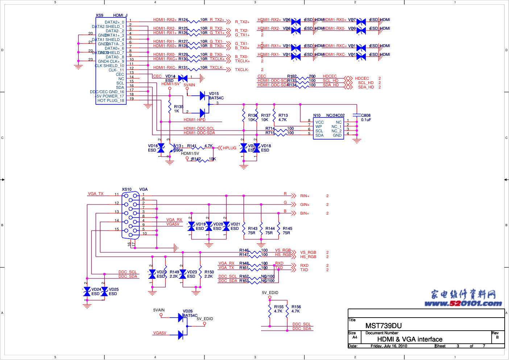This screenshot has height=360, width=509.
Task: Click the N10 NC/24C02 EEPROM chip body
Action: pyautogui.click(x=328, y=129)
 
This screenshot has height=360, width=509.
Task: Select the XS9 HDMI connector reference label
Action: pyautogui.click(x=99, y=15)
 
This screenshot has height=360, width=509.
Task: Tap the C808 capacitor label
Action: pyautogui.click(x=365, y=116)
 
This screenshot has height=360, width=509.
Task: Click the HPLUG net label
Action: pyautogui.click(x=229, y=148)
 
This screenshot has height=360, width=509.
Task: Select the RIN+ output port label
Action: pyautogui.click(x=305, y=196)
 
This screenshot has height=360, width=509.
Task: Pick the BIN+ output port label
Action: pyautogui.click(x=305, y=214)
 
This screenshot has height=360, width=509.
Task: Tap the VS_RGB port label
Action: pyautogui.click(x=308, y=252)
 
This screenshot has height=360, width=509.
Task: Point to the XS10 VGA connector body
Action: pyautogui.click(x=131, y=216)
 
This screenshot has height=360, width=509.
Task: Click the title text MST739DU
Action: pyautogui.click(x=383, y=326)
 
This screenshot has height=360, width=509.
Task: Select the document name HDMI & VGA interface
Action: pyautogui.click(x=410, y=339)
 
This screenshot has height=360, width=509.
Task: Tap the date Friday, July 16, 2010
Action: pyautogui.click(x=389, y=346)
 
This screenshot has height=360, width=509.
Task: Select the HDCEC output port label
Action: pyautogui.click(x=362, y=78)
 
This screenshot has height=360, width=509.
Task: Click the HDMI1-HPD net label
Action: pyautogui.click(x=194, y=120)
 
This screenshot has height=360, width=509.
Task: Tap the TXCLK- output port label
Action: pyautogui.click(x=241, y=70)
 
